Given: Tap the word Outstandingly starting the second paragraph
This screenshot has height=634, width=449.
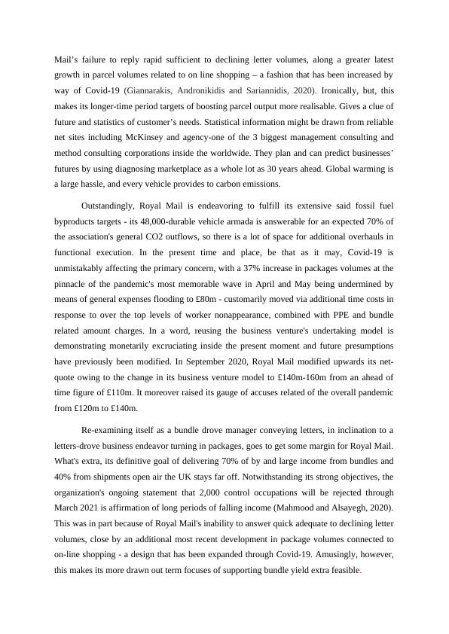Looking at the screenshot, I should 111,204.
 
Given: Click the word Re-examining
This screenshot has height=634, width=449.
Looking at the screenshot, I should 108,430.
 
